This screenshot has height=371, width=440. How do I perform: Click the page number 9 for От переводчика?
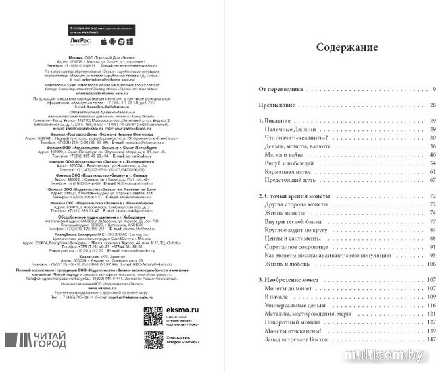(x=434, y=89)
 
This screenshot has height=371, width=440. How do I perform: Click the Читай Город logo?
(x=37, y=339)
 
